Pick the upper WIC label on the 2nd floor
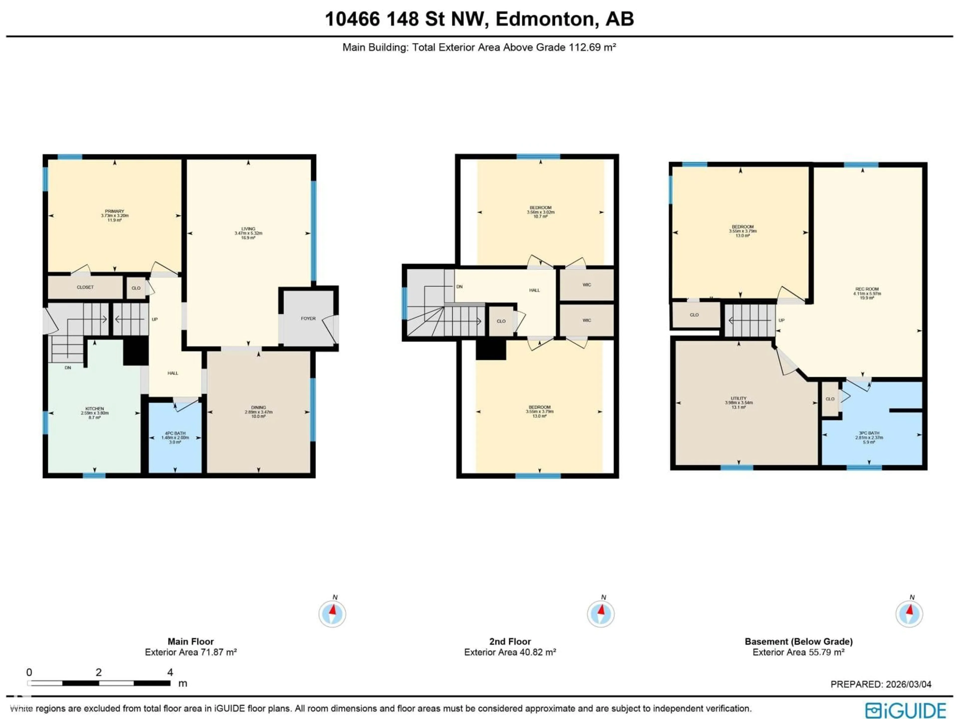pyautogui.click(x=587, y=285)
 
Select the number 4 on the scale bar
pyautogui.click(x=170, y=672)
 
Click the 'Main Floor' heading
pyautogui.click(x=191, y=641)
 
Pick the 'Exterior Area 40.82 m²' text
pyautogui.click(x=510, y=652)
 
